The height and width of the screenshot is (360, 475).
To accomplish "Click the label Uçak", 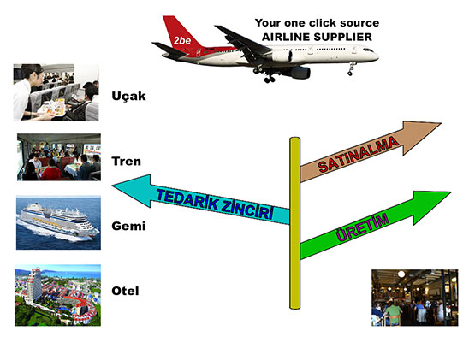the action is point(128,97).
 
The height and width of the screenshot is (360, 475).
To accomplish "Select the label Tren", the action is point(127,161).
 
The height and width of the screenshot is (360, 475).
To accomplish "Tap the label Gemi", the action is point(128,226).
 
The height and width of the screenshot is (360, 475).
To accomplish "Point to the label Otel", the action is point(126,291).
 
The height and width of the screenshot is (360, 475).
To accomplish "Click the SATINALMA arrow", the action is point(370,151).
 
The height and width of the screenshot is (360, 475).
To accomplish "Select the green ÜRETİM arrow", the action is point(375,225).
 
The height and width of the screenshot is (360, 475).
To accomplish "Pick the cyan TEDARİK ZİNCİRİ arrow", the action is point(201,199).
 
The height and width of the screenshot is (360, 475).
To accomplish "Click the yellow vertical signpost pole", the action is point(294,223).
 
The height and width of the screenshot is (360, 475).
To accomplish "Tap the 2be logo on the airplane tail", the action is point(182,40).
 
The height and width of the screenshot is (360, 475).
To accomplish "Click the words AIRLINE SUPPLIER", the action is point(317,37).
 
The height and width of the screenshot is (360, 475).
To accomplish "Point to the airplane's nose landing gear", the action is point(351,68).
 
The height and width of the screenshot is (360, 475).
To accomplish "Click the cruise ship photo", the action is point(58,223).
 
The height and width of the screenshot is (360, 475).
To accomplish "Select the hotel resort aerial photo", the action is point(57,296).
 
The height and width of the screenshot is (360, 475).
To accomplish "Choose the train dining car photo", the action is point(59,157).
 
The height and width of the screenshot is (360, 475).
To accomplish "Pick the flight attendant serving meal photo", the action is point(56,92).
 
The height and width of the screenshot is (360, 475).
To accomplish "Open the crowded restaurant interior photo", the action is point(415,298).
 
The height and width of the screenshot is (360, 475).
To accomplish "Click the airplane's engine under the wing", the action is point(300,73).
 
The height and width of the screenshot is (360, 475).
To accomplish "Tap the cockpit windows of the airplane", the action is point(368,50).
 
